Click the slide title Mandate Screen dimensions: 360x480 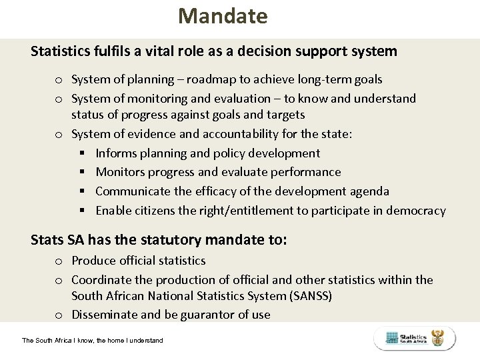223,16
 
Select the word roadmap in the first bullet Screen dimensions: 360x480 208,79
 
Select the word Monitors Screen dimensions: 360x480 120,172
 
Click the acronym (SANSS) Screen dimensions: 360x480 307,295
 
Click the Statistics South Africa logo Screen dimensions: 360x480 415,338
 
